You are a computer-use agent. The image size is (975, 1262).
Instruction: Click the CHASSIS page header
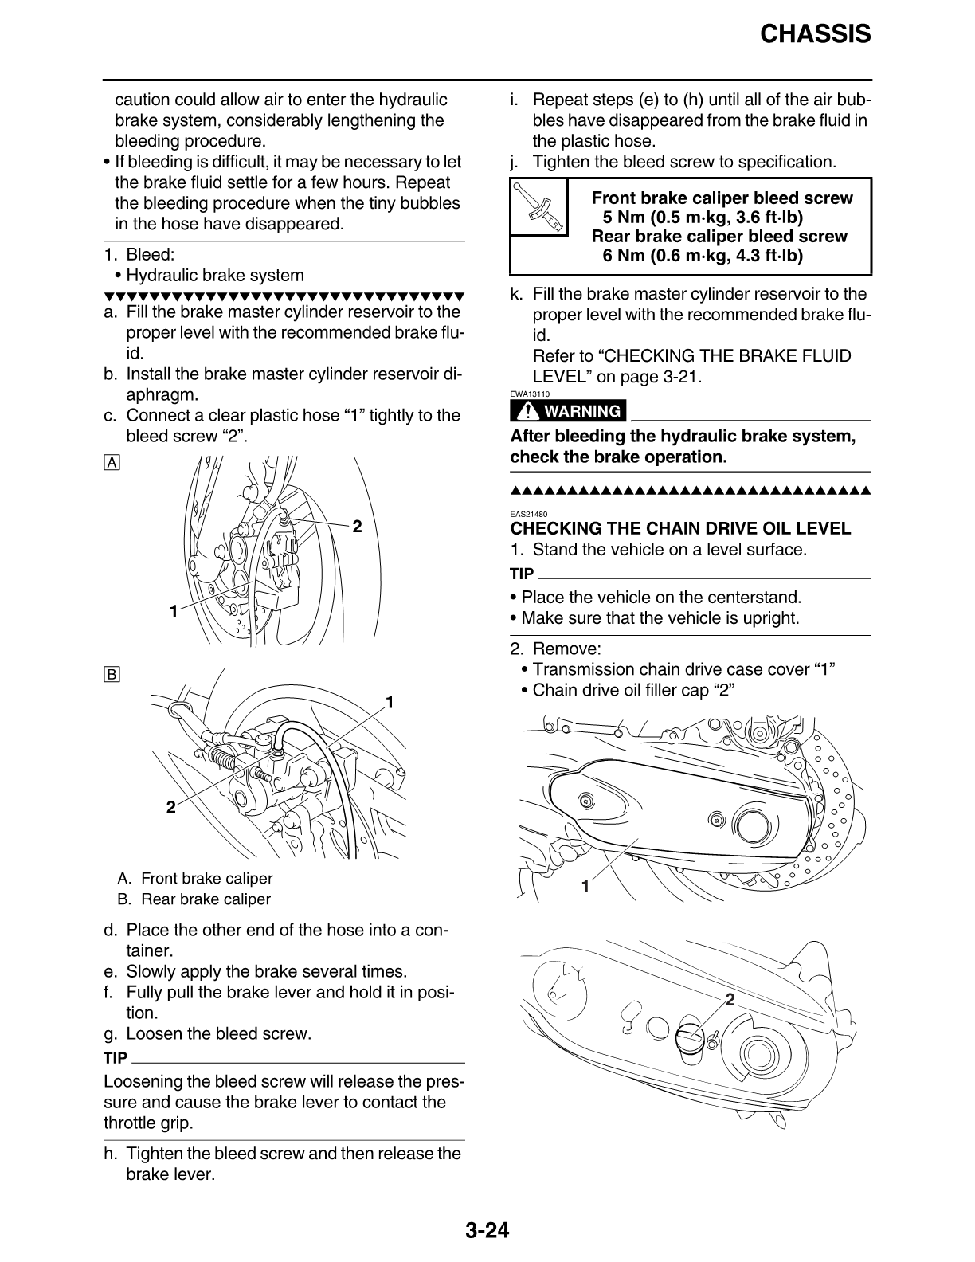click(x=815, y=33)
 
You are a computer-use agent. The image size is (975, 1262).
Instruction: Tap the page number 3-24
click(x=487, y=1231)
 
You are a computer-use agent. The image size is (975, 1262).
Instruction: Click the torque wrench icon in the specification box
click(x=538, y=207)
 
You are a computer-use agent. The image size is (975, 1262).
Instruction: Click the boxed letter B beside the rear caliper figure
click(x=112, y=675)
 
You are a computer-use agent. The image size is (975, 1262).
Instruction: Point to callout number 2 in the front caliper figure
click(x=357, y=527)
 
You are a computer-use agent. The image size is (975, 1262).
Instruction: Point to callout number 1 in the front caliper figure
click(x=172, y=612)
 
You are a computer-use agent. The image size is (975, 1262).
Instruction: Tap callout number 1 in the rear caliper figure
click(x=390, y=702)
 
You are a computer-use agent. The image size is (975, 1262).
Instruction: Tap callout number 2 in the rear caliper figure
click(x=170, y=808)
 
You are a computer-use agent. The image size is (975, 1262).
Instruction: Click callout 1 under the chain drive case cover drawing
click(x=585, y=886)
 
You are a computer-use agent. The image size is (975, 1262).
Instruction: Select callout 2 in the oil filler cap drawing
click(x=729, y=998)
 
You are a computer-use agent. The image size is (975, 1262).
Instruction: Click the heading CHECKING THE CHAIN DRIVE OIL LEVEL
click(x=680, y=528)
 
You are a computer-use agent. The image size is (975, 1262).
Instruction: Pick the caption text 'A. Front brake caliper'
click(x=194, y=878)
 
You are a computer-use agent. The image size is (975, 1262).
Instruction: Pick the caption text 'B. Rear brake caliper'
click(x=194, y=899)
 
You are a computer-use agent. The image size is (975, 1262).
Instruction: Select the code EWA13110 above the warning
click(x=530, y=393)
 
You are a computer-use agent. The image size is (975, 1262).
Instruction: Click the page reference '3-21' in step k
click(x=681, y=377)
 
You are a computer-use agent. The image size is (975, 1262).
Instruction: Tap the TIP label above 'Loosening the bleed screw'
click(x=116, y=1058)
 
